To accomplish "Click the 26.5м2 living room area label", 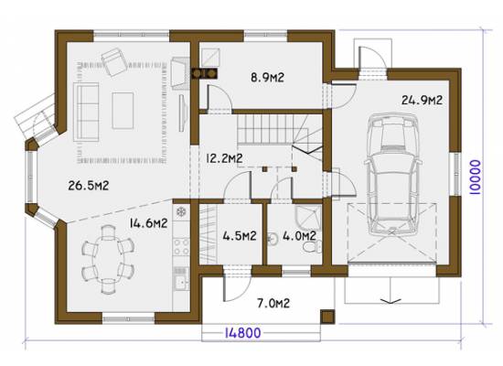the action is (x=89, y=186).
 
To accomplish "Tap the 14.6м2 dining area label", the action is (x=148, y=223).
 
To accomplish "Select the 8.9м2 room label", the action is (x=267, y=78).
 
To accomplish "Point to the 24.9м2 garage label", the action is (x=422, y=100).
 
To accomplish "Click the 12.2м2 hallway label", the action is (x=224, y=158).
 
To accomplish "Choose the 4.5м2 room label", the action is (x=240, y=236).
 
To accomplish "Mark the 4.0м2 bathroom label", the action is (x=300, y=236).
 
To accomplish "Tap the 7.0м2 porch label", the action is (x=273, y=303).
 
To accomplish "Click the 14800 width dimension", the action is (x=243, y=333).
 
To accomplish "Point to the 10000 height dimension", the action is (x=475, y=178).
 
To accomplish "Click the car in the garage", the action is (x=392, y=174).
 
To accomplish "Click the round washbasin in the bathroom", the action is (x=273, y=239).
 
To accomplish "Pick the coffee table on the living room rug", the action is (x=123, y=111).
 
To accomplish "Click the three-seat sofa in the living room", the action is (x=86, y=112).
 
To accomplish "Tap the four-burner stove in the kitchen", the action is (x=182, y=246).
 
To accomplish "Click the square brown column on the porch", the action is (x=327, y=317).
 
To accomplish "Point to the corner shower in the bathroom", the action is (x=308, y=216).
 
